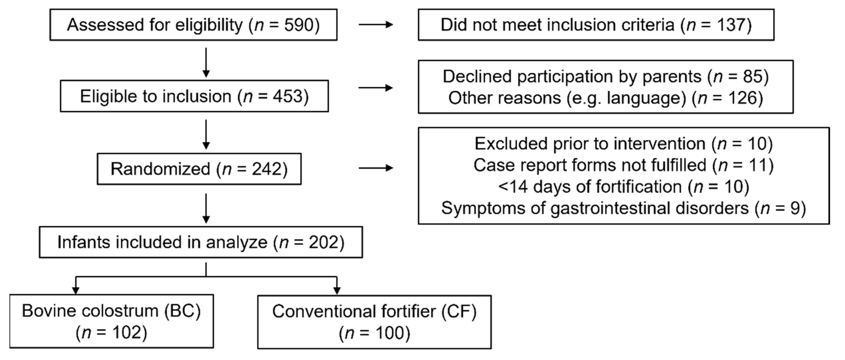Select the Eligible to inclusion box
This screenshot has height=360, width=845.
(x=194, y=96)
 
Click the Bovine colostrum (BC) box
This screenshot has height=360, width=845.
(x=111, y=321)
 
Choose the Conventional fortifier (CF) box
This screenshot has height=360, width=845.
(x=374, y=322)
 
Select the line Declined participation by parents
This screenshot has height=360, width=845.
(x=606, y=76)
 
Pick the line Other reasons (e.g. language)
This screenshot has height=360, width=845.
(x=606, y=98)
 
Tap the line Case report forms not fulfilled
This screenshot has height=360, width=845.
(x=623, y=165)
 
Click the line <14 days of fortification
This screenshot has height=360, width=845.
(x=623, y=187)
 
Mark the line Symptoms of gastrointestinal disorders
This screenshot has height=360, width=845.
(x=623, y=208)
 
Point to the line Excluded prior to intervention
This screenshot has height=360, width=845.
(x=623, y=144)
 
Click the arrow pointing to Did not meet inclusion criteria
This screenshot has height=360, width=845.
(x=376, y=25)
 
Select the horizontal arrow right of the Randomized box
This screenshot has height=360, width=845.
(x=376, y=168)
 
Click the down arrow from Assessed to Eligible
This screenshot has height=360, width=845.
(x=206, y=62)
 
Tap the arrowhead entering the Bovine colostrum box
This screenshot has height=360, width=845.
(x=76, y=290)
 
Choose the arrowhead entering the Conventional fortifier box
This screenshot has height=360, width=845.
(x=337, y=290)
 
